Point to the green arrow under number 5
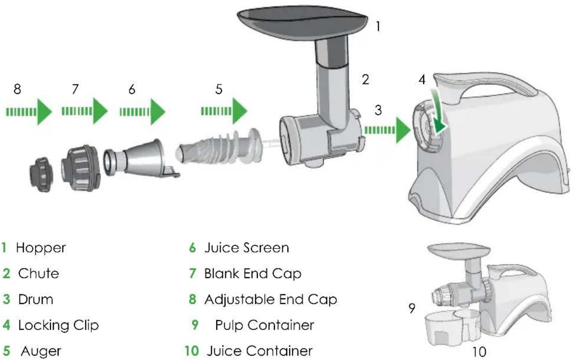(224, 111)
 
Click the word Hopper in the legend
(41, 248)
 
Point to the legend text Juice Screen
(246, 248)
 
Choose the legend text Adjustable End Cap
(270, 300)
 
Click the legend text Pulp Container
(264, 326)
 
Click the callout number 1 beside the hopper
(377, 26)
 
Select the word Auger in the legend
(41, 351)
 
